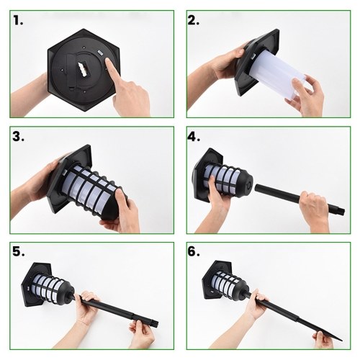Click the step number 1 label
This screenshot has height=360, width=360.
coord(18,21)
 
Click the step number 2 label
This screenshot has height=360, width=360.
coord(194,21)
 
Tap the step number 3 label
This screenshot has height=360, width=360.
coord(18,137)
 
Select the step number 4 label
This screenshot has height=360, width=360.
coord(194,137)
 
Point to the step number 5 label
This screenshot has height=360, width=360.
coord(19,252)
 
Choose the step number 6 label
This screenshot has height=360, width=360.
coord(194,252)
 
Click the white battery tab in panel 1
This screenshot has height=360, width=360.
coord(83,68)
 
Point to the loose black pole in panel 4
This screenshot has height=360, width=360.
coord(300,198)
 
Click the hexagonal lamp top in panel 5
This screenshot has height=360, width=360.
coord(36,284)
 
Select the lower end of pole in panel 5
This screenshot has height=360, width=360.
coord(153,323)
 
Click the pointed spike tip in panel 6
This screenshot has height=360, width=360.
coord(341,340)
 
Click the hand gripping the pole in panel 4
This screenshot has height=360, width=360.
coord(315,207)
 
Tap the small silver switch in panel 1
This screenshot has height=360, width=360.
coord(99,52)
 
